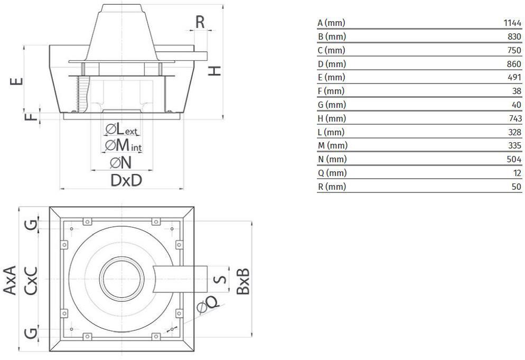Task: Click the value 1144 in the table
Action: point(512,23)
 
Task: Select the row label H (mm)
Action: point(332,118)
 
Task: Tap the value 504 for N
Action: point(514,159)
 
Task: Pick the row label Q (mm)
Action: point(332,173)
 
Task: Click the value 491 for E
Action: point(514,77)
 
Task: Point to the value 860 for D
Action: point(514,63)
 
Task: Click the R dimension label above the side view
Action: point(200,22)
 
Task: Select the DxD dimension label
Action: point(126,180)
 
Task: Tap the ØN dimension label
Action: point(121,163)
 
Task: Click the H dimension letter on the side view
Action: point(214,70)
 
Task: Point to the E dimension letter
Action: point(16,81)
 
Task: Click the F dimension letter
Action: point(32,117)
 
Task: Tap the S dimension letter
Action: point(220,279)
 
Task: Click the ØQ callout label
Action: point(208,304)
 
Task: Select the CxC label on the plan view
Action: point(31,281)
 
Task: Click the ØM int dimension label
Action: point(123,146)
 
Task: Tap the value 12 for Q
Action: point(517,173)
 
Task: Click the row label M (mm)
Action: point(333,145)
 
